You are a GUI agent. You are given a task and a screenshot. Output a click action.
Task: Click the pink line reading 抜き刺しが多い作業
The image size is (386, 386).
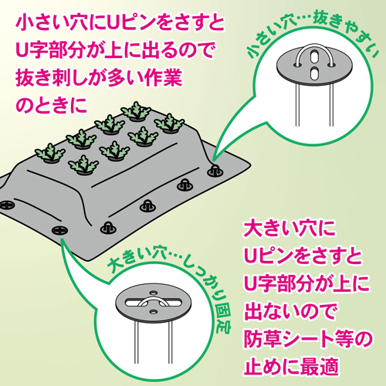click(x=99, y=77)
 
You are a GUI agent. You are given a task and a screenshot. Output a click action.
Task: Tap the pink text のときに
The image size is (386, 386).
click(x=52, y=106)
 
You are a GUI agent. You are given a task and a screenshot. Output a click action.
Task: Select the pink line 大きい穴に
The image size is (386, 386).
click(x=289, y=228)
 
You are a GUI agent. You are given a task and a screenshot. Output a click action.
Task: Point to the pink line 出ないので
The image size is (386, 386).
click(x=290, y=311)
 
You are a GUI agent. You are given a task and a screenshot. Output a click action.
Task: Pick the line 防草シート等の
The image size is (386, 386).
click(x=308, y=339)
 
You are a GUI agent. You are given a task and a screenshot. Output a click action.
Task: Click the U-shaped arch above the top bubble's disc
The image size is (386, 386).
click(x=314, y=46)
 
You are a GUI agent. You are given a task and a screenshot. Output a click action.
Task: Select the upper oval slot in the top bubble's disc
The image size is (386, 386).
click(x=314, y=57)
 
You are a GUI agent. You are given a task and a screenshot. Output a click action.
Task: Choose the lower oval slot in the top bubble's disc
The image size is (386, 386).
click(x=314, y=74)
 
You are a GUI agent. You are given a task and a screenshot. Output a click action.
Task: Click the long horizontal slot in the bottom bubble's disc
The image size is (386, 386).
click(x=154, y=302)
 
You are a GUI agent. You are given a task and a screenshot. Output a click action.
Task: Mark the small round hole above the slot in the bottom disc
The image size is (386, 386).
click(x=154, y=293)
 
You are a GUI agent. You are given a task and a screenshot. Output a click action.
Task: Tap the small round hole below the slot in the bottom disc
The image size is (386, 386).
click(x=154, y=312)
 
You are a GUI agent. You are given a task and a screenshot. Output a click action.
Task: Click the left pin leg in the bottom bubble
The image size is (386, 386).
click(x=137, y=342)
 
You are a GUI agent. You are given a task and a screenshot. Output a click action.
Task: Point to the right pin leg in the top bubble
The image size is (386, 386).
click(x=331, y=105)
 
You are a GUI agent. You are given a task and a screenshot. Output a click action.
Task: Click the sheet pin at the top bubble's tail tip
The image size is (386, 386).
click(x=215, y=171)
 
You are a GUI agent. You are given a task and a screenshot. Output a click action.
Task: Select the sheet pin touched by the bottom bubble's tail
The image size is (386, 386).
click(x=59, y=230)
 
